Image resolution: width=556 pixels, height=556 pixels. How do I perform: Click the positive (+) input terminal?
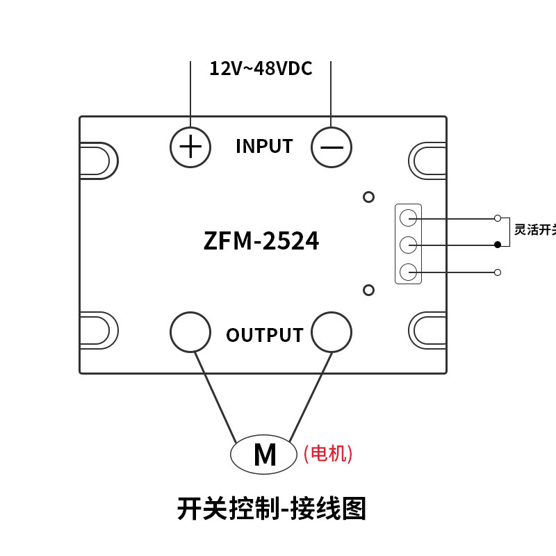click(x=190, y=147)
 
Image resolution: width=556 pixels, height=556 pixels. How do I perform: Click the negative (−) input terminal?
click(x=332, y=147)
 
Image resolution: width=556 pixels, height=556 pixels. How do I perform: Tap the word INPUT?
click(x=264, y=147)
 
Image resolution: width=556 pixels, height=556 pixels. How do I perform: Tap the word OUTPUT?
click(x=265, y=335)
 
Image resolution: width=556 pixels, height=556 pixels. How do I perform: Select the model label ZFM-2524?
click(x=261, y=241)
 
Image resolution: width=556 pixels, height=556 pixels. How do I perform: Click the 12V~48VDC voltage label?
click(x=261, y=69)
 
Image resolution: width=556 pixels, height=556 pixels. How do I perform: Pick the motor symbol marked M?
click(x=264, y=455)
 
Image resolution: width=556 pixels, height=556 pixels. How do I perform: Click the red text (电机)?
click(x=328, y=454)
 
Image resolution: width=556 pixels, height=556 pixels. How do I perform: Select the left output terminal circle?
click(x=190, y=332)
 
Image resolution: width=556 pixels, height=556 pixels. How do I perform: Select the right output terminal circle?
click(x=332, y=332)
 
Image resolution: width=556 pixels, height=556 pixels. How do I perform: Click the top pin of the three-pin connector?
click(x=409, y=218)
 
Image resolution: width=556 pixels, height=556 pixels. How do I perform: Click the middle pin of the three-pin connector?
click(x=409, y=245)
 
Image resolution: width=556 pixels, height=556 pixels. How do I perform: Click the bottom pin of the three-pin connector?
click(x=409, y=272)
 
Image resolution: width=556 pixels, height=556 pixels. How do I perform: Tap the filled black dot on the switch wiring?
click(x=498, y=245)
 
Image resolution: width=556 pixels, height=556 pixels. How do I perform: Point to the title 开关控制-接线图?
click(x=272, y=509)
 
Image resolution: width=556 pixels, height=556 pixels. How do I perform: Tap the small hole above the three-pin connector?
click(x=369, y=197)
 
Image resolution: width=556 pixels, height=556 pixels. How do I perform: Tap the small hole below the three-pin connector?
click(x=369, y=290)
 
